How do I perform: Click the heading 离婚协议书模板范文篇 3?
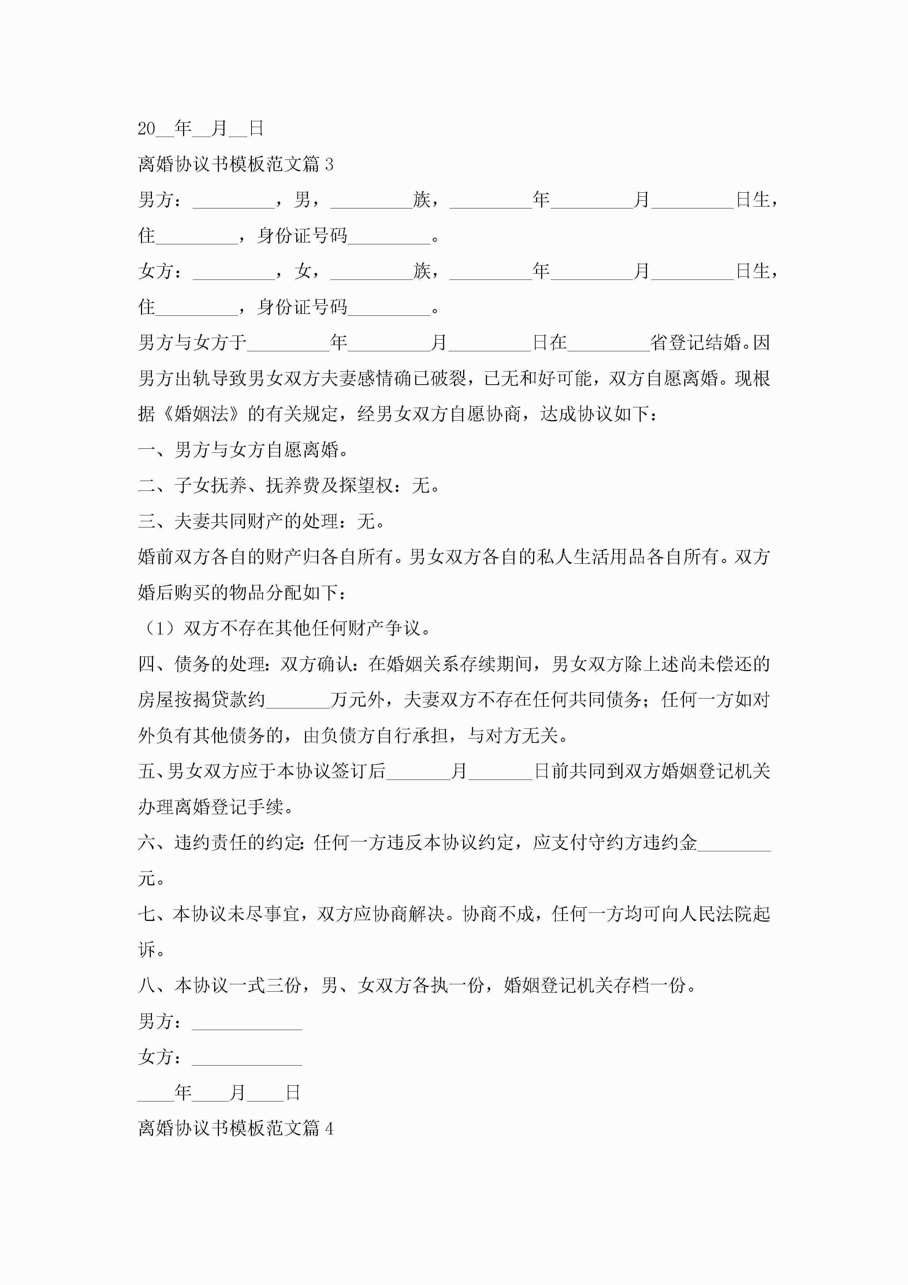point(235,164)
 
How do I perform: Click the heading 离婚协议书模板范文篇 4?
point(235,1128)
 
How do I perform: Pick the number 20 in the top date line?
point(146,129)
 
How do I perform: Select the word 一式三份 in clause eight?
point(266,986)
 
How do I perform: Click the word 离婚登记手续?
point(229,807)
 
